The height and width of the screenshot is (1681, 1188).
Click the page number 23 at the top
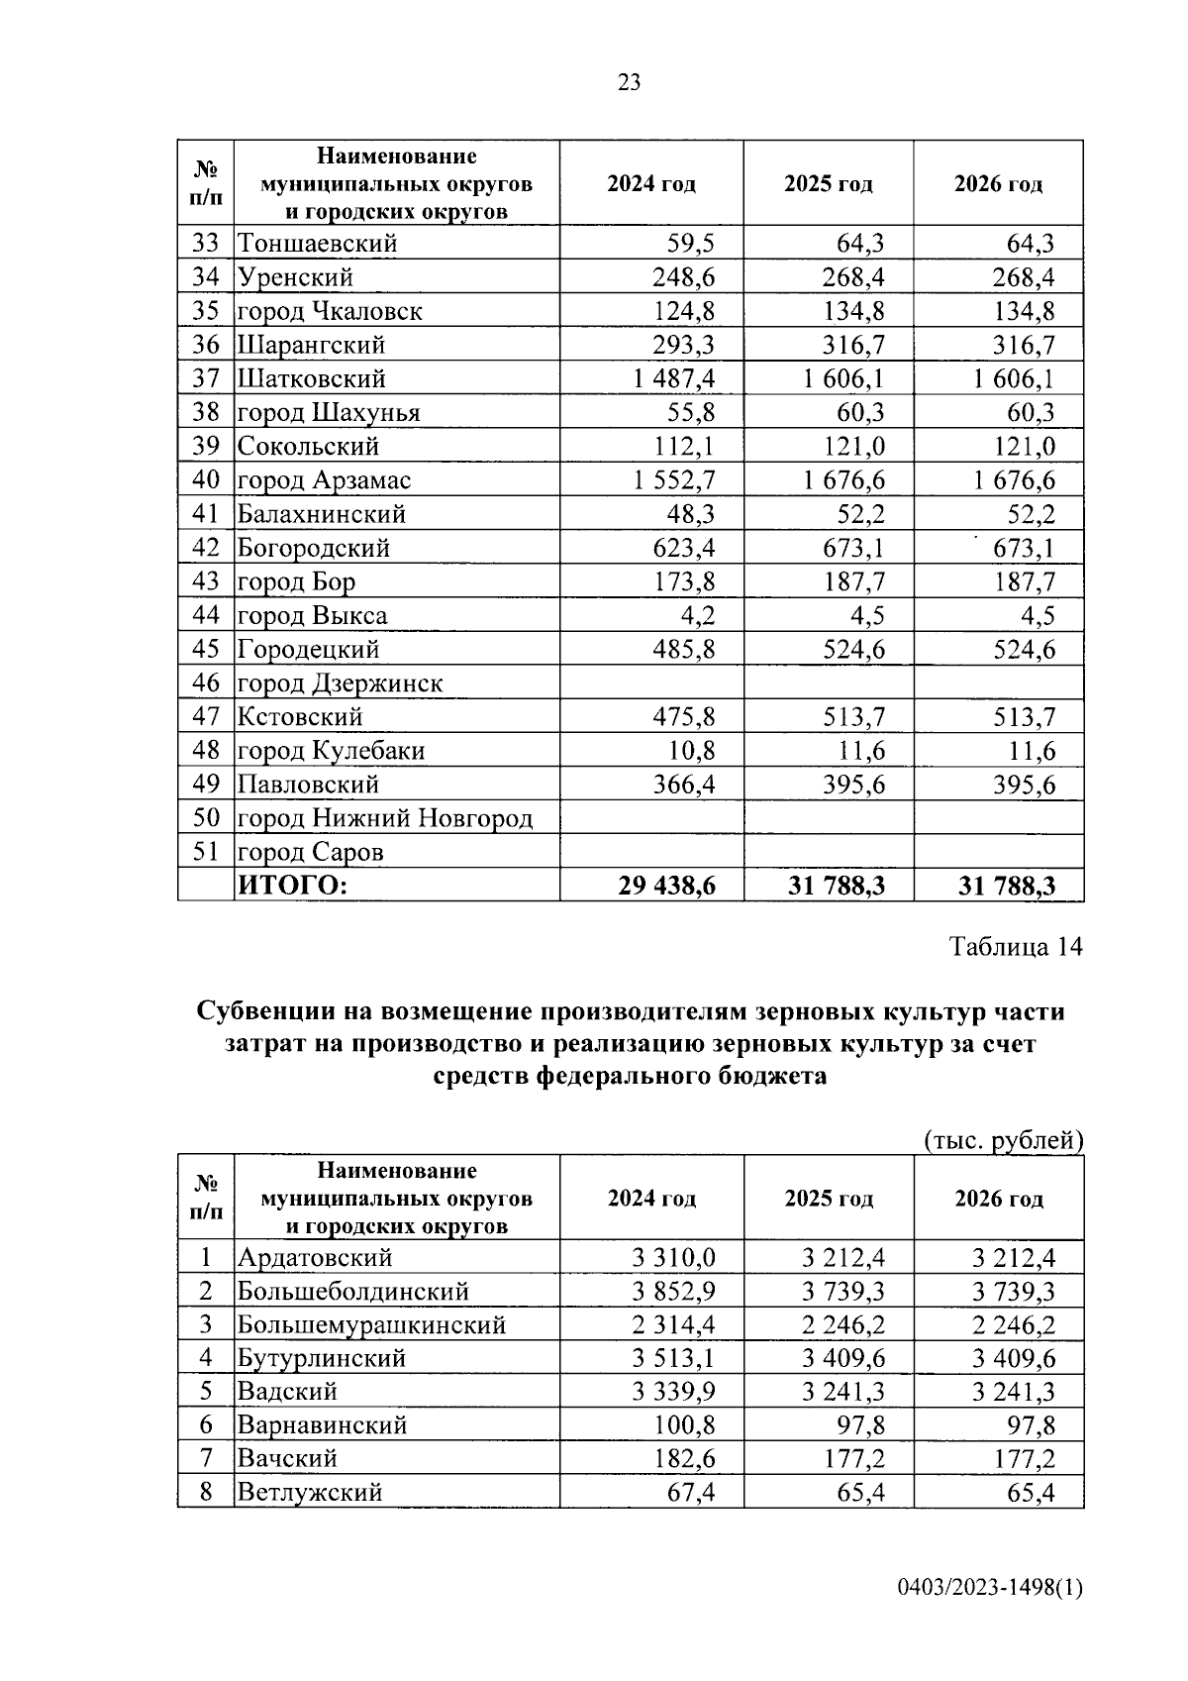(629, 82)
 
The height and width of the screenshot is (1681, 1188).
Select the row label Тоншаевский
(317, 244)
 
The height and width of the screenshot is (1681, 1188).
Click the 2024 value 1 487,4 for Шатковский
(673, 378)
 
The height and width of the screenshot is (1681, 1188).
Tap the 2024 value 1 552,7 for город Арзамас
(673, 480)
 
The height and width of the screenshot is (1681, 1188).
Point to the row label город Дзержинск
(340, 683)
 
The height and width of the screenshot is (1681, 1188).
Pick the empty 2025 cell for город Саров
(828, 852)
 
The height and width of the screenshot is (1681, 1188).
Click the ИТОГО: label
(292, 886)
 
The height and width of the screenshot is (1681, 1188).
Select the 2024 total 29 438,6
(666, 886)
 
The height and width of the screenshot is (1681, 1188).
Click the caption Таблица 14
(1016, 947)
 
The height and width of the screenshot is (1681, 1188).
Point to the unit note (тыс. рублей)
(1003, 1140)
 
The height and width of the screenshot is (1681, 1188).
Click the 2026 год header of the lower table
(998, 1199)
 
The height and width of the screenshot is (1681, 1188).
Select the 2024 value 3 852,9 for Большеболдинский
(673, 1292)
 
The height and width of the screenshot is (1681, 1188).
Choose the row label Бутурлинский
(322, 1359)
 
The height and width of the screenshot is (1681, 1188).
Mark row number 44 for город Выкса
(205, 616)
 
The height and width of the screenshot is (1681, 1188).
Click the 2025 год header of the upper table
(828, 184)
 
